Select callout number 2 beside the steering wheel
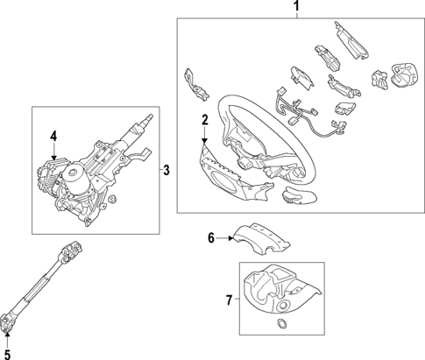(x=204, y=120)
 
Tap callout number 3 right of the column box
(x=166, y=169)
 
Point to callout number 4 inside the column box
(x=53, y=136)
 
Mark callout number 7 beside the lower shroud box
(x=230, y=300)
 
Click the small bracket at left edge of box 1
(x=195, y=82)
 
